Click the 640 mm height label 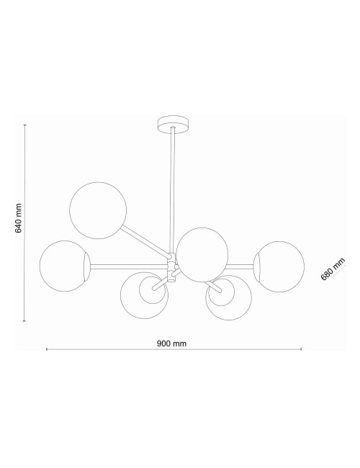pos(20,223)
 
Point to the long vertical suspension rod pos(173,187)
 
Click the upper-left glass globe pos(98,211)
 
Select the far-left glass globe pos(65,265)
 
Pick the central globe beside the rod pos(202,254)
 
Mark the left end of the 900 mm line pos(47,350)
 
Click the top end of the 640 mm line pos(25,125)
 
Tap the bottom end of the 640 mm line pos(25,321)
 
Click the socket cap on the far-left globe pos(87,264)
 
